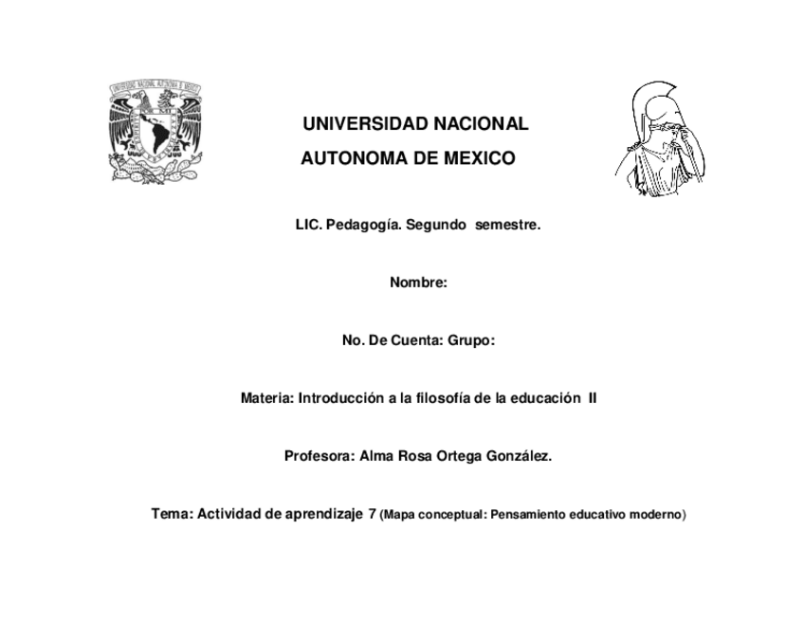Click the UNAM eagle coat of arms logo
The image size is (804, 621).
click(155, 133)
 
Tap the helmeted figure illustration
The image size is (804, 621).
click(661, 139)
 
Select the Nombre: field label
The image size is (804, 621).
click(418, 283)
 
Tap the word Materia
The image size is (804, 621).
click(266, 399)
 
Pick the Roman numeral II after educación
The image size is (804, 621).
click(593, 399)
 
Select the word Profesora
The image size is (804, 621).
click(320, 456)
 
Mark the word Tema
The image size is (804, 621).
click(172, 514)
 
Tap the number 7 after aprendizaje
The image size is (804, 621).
click(372, 515)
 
